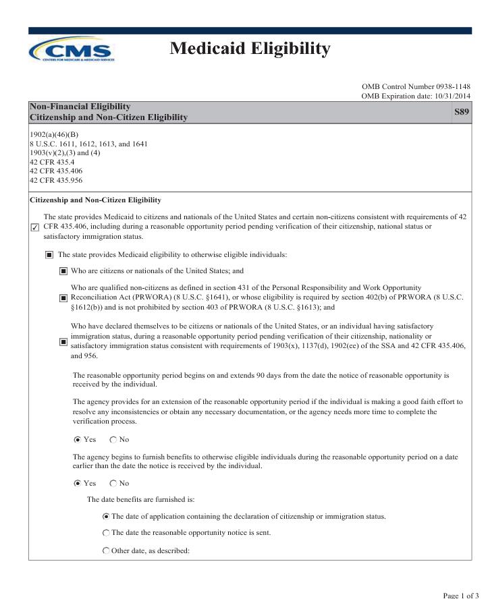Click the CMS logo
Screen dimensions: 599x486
72,49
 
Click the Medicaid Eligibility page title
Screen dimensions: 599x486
250,49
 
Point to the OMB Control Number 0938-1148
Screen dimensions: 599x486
416,87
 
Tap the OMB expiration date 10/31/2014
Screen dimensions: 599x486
416,97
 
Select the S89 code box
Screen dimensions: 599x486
462,112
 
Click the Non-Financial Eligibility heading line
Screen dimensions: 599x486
80,107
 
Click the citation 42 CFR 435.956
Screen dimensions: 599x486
56,180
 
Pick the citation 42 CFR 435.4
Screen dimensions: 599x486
52,162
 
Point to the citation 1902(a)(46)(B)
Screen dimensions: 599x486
54,134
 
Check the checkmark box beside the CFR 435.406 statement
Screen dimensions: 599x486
35,227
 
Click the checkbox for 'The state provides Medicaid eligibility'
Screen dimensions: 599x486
49,255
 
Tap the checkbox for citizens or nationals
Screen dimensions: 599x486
63,271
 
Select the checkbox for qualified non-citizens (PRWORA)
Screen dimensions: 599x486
63,298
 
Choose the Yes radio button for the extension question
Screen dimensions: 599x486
77,440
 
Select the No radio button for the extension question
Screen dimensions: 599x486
113,440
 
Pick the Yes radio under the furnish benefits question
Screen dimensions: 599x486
77,484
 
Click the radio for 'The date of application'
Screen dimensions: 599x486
106,517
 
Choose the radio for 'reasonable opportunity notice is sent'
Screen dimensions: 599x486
106,533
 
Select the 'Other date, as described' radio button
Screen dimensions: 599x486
106,551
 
